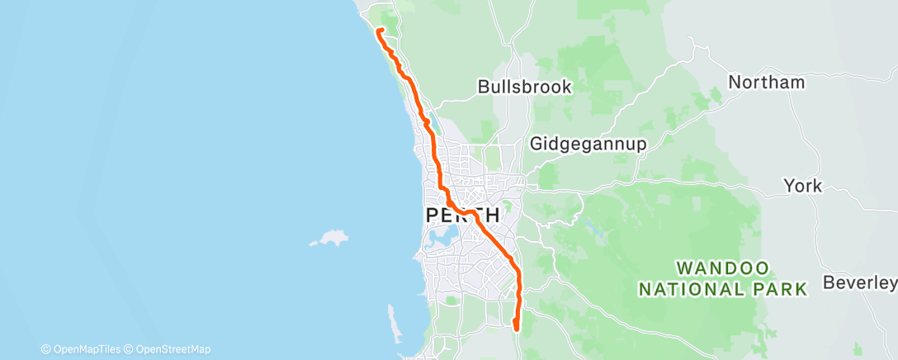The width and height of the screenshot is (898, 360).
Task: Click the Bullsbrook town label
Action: click(x=524, y=86)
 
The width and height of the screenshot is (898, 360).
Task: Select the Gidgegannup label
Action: click(x=588, y=143)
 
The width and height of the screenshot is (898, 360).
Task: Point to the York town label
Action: click(x=802, y=186)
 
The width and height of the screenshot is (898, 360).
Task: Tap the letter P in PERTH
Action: click(x=433, y=215)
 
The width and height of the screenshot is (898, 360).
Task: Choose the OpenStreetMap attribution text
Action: click(x=173, y=349)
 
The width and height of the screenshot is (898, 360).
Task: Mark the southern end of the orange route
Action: click(x=516, y=328)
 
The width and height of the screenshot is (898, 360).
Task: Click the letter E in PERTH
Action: click(x=447, y=215)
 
